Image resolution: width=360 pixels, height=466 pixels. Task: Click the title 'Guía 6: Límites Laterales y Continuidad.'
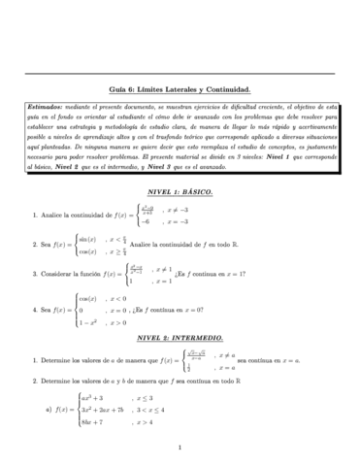[180, 89]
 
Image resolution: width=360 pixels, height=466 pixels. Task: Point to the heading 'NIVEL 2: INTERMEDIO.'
[180, 334]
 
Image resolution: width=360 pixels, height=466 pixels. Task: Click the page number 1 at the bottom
[180, 448]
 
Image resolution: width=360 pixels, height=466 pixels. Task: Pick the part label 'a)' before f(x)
[49, 412]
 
